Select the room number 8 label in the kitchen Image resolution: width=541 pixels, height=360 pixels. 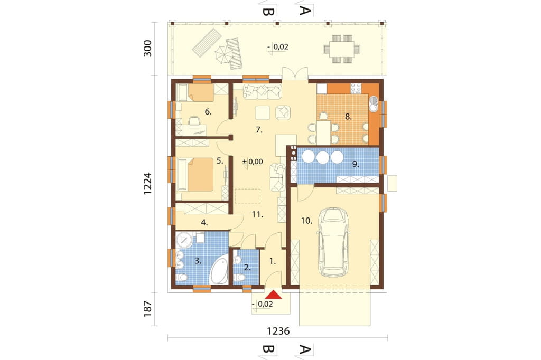pos(349,117)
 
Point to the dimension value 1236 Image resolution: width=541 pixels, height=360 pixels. pos(278,331)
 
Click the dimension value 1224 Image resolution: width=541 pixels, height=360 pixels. pos(148,184)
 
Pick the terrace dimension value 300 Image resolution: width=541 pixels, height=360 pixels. pos(148,48)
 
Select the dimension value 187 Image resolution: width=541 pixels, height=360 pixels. pos(148,309)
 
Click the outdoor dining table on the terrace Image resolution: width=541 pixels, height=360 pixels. pos(342,49)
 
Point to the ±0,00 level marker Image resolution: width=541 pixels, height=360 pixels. pos(253,162)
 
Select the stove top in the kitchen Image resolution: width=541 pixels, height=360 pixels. pos(356,88)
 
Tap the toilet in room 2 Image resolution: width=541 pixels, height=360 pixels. pos(239,277)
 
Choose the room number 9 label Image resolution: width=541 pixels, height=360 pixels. pos(356,165)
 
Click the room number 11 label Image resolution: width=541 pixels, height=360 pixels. pos(257,214)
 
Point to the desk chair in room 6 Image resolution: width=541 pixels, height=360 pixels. pos(195,122)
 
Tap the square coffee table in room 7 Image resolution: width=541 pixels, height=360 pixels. pos(263,113)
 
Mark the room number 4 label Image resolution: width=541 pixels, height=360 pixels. pos(204,223)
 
